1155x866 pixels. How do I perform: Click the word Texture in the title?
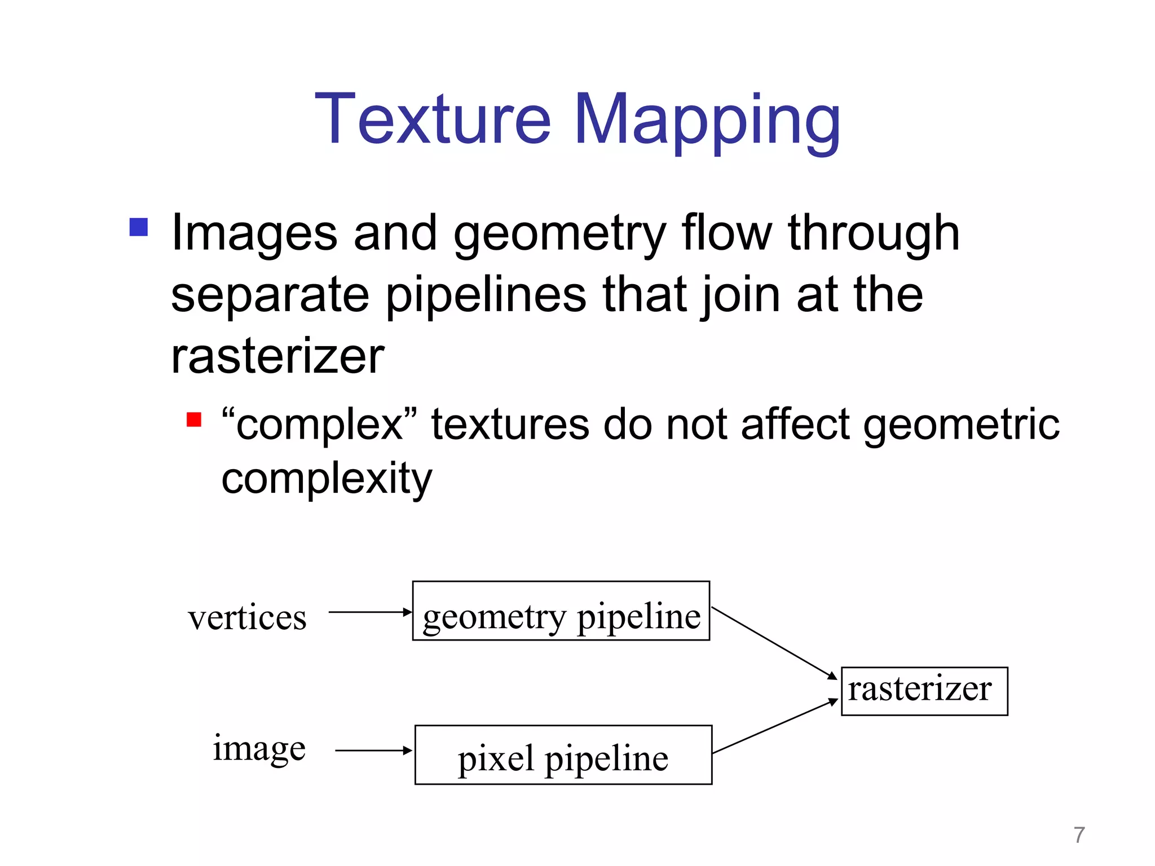[x=433, y=120]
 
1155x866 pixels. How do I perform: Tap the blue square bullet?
[x=139, y=227]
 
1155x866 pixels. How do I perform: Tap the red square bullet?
[x=194, y=420]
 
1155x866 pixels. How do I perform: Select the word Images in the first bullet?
[x=254, y=234]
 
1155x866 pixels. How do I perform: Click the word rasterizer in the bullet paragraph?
[x=277, y=357]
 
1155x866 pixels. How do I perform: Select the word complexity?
[x=327, y=479]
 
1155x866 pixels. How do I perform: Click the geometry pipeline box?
[x=561, y=611]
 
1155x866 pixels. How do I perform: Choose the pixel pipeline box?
[x=563, y=755]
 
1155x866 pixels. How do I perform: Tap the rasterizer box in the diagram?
[x=924, y=691]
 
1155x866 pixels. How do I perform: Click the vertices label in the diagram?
[x=247, y=617]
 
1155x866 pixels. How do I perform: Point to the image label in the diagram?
[x=259, y=749]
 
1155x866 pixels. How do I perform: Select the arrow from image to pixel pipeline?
[x=374, y=750]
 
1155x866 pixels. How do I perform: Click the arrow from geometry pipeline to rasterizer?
[x=774, y=643]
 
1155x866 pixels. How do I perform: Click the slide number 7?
[x=1079, y=835]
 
